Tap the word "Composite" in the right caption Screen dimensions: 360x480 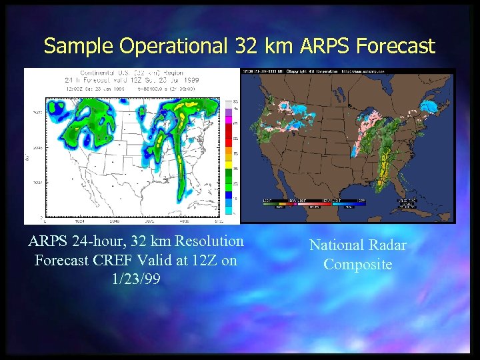357,264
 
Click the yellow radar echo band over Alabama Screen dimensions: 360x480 385,167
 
